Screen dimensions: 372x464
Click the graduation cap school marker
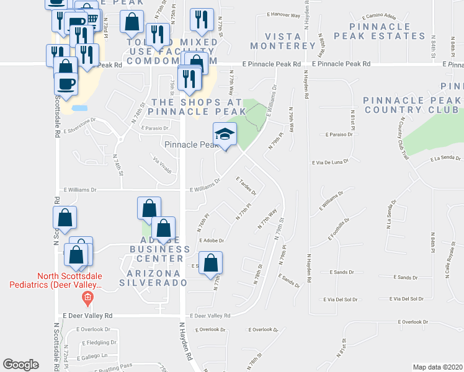[225, 135]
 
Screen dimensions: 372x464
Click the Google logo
[20, 365]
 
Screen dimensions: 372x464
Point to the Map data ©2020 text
[437, 367]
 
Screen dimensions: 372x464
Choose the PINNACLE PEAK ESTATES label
[388, 31]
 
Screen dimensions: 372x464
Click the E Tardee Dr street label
[246, 186]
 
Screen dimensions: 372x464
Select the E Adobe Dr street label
[211, 240]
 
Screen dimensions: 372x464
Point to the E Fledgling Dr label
[99, 342]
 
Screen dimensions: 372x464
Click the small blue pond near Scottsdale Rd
[79, 108]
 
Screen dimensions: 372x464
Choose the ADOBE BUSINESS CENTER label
[156, 249]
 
